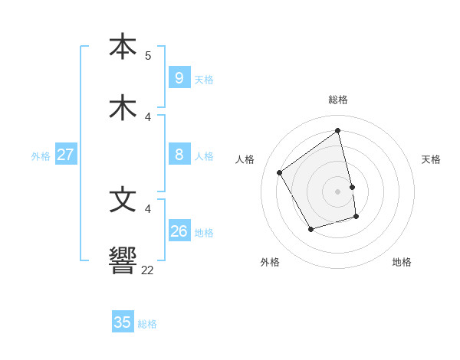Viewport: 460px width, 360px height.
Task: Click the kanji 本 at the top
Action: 123,46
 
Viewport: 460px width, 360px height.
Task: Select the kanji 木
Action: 123,108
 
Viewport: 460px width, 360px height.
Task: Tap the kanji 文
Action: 123,199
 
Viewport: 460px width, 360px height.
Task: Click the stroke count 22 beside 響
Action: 147,270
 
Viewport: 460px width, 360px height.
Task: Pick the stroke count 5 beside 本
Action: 148,56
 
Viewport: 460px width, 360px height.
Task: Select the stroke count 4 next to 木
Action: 148,117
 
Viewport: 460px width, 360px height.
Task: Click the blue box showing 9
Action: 179,78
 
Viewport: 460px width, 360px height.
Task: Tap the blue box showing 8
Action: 179,155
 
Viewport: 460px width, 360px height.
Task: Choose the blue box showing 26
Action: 179,231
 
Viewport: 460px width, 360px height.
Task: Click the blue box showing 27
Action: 65,155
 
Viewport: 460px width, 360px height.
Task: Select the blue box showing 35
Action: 123,322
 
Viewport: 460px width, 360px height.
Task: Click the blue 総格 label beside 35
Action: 147,324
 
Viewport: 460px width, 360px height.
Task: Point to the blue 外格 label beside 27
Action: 41,156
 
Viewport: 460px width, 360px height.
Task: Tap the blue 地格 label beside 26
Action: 204,233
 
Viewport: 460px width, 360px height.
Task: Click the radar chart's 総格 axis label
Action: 338,100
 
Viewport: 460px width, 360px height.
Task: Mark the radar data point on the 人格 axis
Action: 280,173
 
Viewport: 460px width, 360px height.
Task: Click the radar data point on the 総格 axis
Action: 338,131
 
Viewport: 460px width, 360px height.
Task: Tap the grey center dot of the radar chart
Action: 338,191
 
